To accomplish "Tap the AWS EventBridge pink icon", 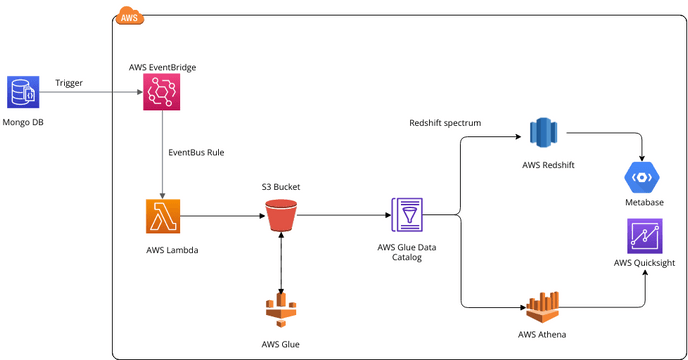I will point(162,93).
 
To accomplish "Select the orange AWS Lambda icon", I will point(162,216).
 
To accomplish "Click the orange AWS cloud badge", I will point(129,17).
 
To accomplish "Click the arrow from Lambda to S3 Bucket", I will point(221,215).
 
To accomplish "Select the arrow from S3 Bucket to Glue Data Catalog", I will point(345,215).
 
